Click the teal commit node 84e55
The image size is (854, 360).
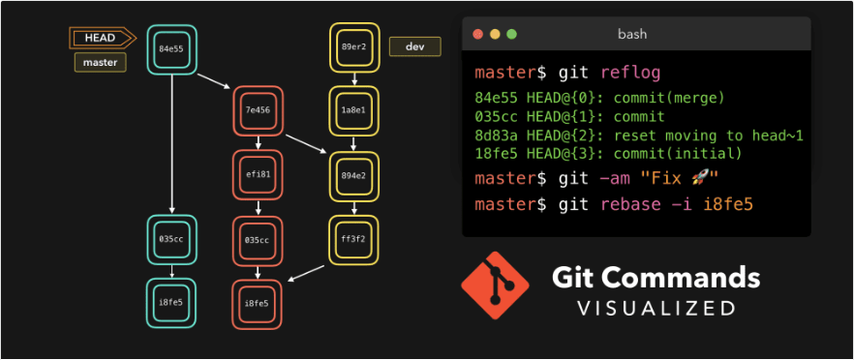tap(171, 47)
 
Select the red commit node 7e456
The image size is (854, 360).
tap(257, 110)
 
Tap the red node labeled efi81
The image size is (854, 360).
tap(257, 174)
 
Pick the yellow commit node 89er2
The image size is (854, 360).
tap(353, 47)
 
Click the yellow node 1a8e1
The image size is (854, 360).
tap(353, 110)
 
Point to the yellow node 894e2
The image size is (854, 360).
tap(353, 175)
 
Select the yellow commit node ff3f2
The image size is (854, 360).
tap(353, 239)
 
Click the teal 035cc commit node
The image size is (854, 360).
tap(171, 239)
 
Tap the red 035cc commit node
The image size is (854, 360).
tap(257, 239)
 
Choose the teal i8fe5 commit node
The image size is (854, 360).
tap(171, 302)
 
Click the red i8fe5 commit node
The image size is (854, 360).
tap(257, 302)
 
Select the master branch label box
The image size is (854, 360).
tap(101, 63)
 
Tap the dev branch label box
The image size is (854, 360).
tap(414, 46)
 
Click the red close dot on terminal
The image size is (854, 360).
tap(476, 34)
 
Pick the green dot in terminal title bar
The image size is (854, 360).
tap(511, 34)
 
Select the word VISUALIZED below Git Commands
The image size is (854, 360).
tap(656, 309)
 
